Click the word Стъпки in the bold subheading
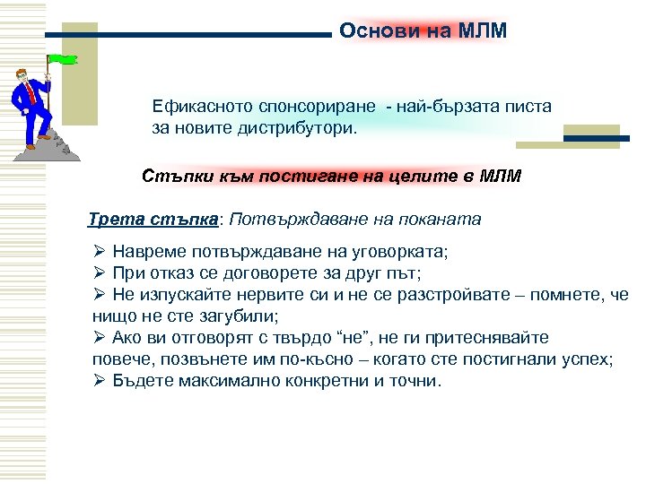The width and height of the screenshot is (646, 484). (174, 176)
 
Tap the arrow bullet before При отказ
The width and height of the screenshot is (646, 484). (100, 273)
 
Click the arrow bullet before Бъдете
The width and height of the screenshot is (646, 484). (100, 380)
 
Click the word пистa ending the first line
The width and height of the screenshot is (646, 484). (530, 106)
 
